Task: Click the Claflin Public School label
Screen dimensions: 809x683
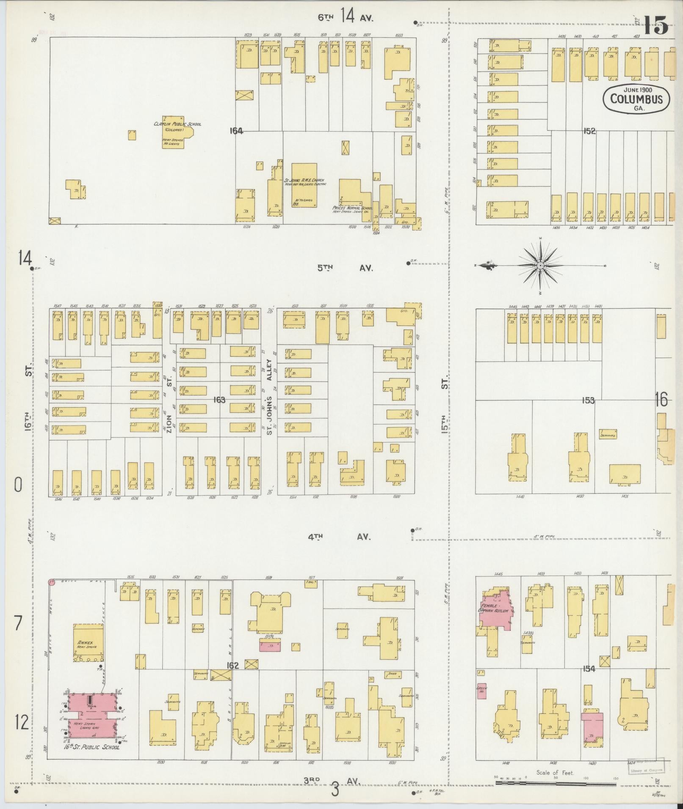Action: pos(177,124)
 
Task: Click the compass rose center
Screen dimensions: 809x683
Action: pos(541,266)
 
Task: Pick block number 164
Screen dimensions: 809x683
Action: pos(236,131)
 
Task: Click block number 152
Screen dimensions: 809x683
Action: pos(589,131)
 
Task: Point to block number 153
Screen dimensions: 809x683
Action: pos(588,400)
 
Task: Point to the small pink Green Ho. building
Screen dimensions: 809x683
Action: pos(481,691)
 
